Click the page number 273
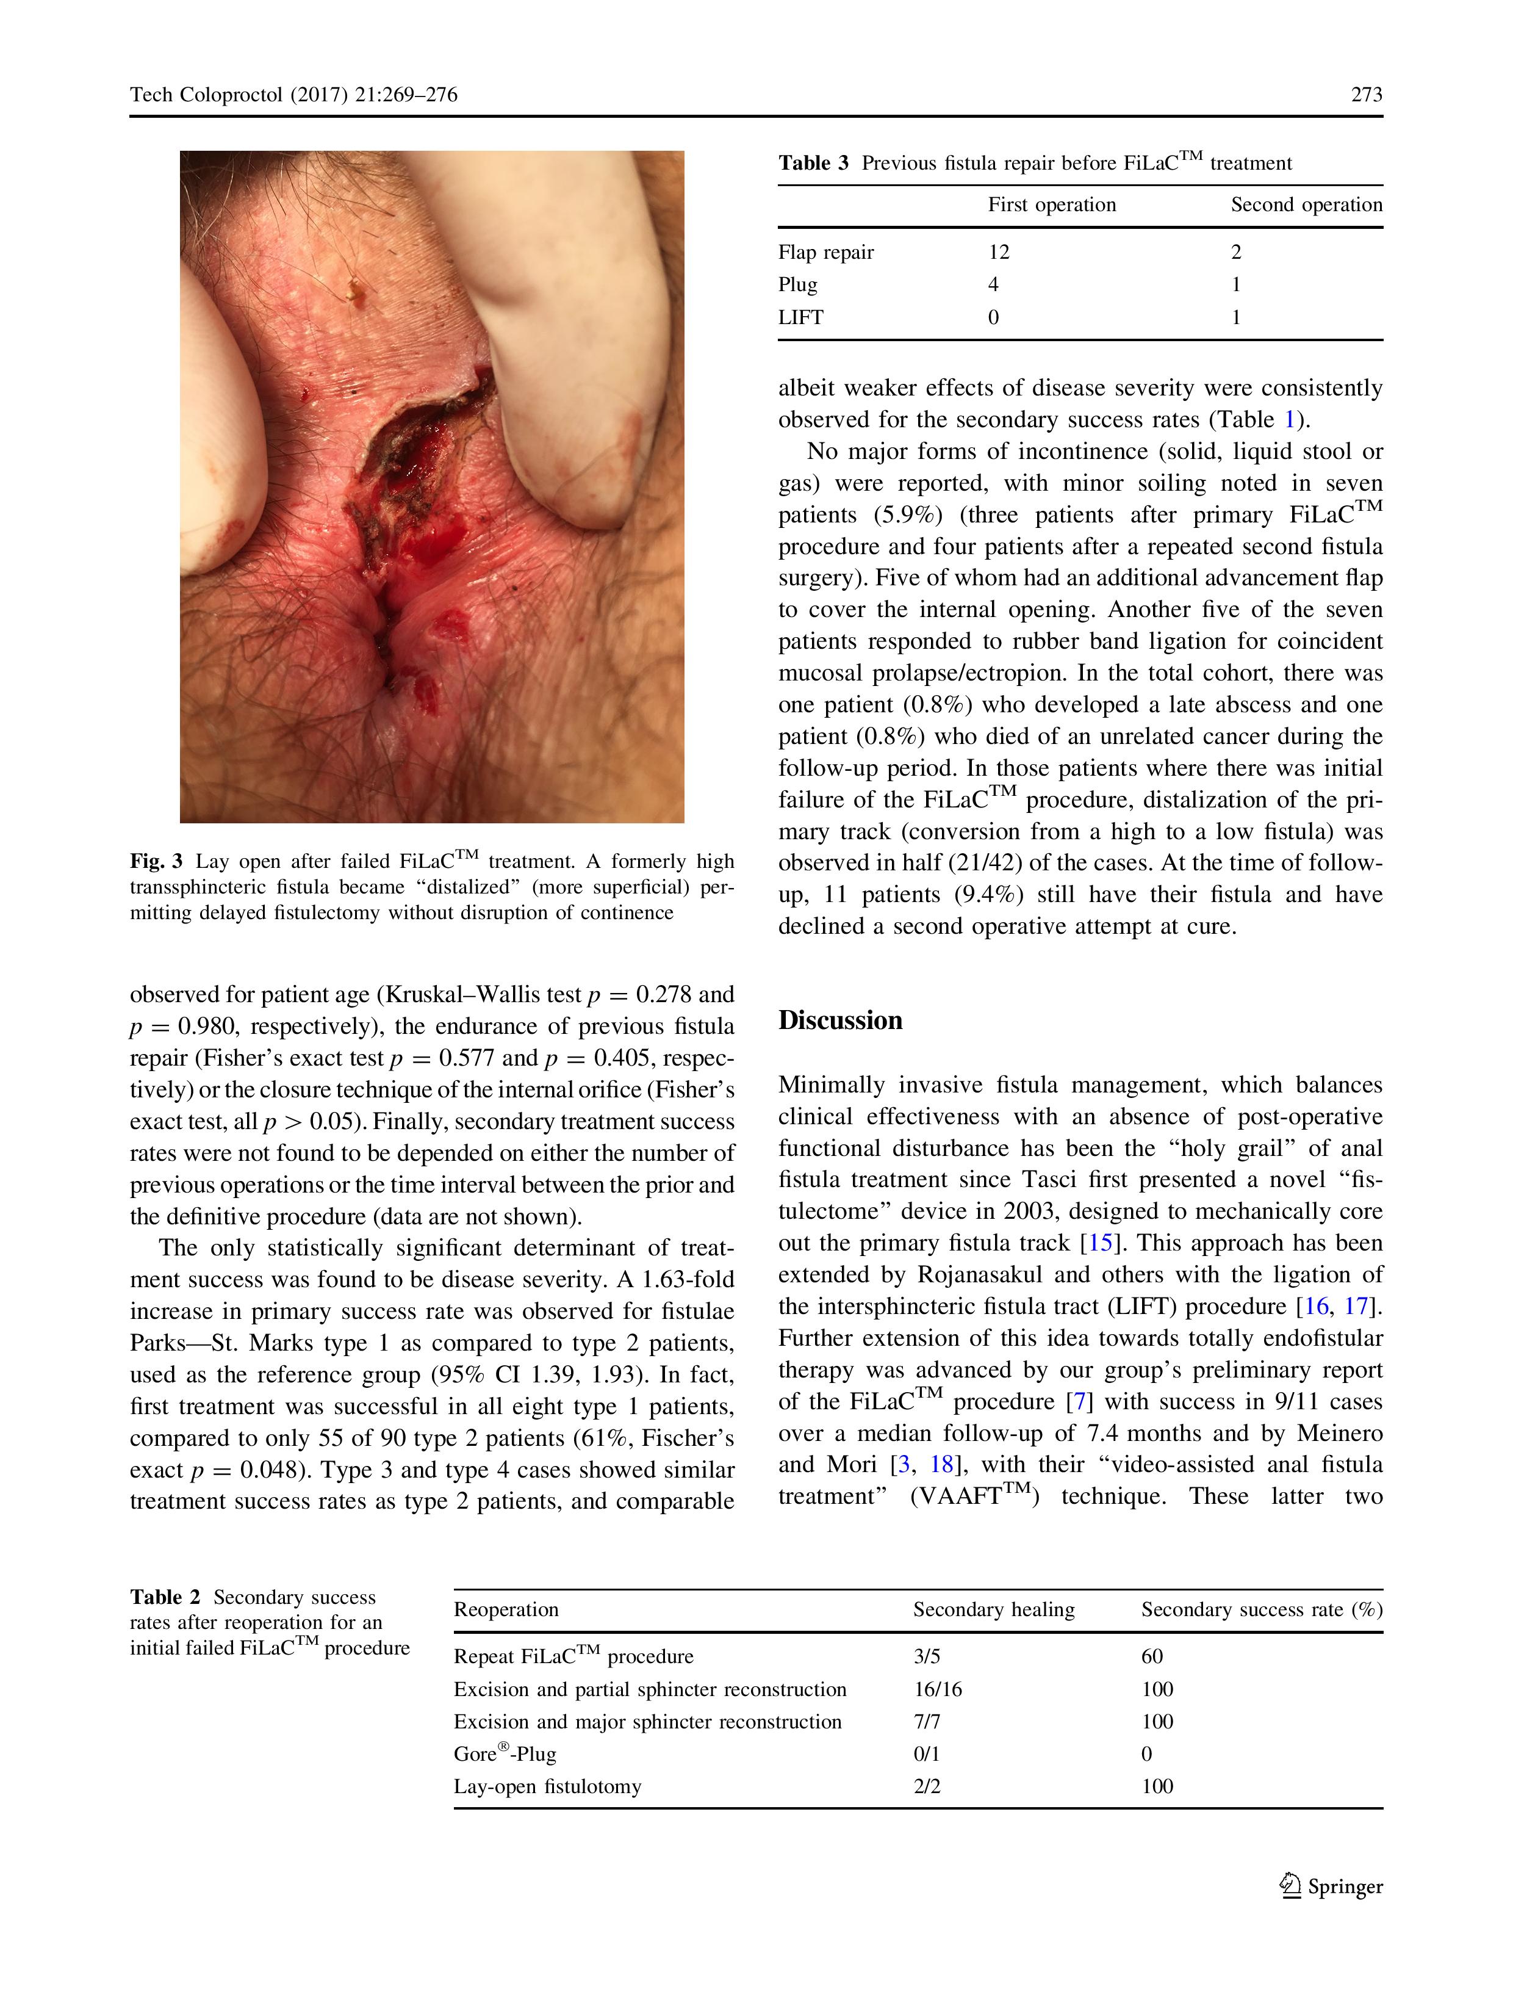tap(1366, 95)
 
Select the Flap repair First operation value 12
tap(999, 252)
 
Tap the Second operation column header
tap(1306, 204)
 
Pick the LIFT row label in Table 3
tap(800, 317)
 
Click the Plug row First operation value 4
tap(993, 284)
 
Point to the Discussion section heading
tap(839, 1020)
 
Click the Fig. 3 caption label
tap(156, 861)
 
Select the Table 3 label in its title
tap(813, 163)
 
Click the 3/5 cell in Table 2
tap(926, 1656)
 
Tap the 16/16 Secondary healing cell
tap(937, 1689)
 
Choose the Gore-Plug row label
tap(505, 1753)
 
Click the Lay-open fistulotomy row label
tap(547, 1786)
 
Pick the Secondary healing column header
tap(993, 1609)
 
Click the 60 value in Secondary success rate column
tap(1151, 1656)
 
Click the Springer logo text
tap(1344, 1886)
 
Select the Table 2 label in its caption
tap(165, 1597)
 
